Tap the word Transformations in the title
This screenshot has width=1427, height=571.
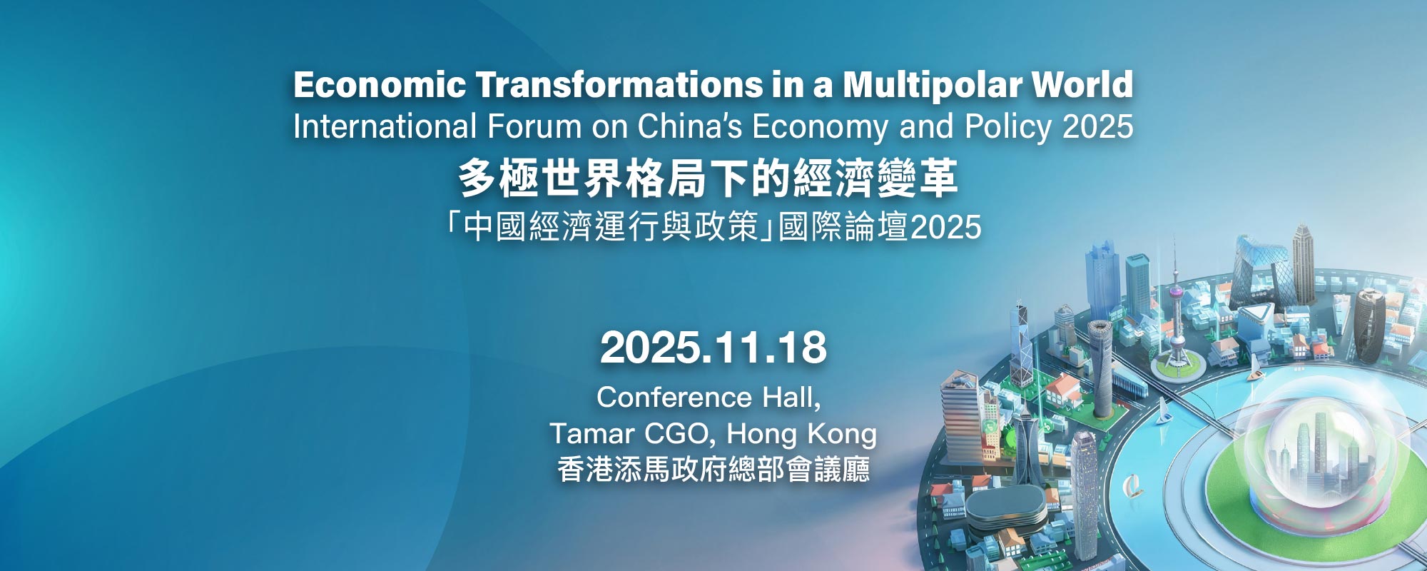click(618, 85)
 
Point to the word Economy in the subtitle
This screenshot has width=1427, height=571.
click(821, 128)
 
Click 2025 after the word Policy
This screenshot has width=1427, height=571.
click(1097, 127)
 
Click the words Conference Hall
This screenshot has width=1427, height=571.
click(709, 398)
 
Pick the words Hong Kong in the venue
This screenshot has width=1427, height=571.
click(801, 434)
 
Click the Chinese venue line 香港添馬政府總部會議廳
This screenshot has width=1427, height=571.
click(713, 470)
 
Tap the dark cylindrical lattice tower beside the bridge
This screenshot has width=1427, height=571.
click(1101, 368)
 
